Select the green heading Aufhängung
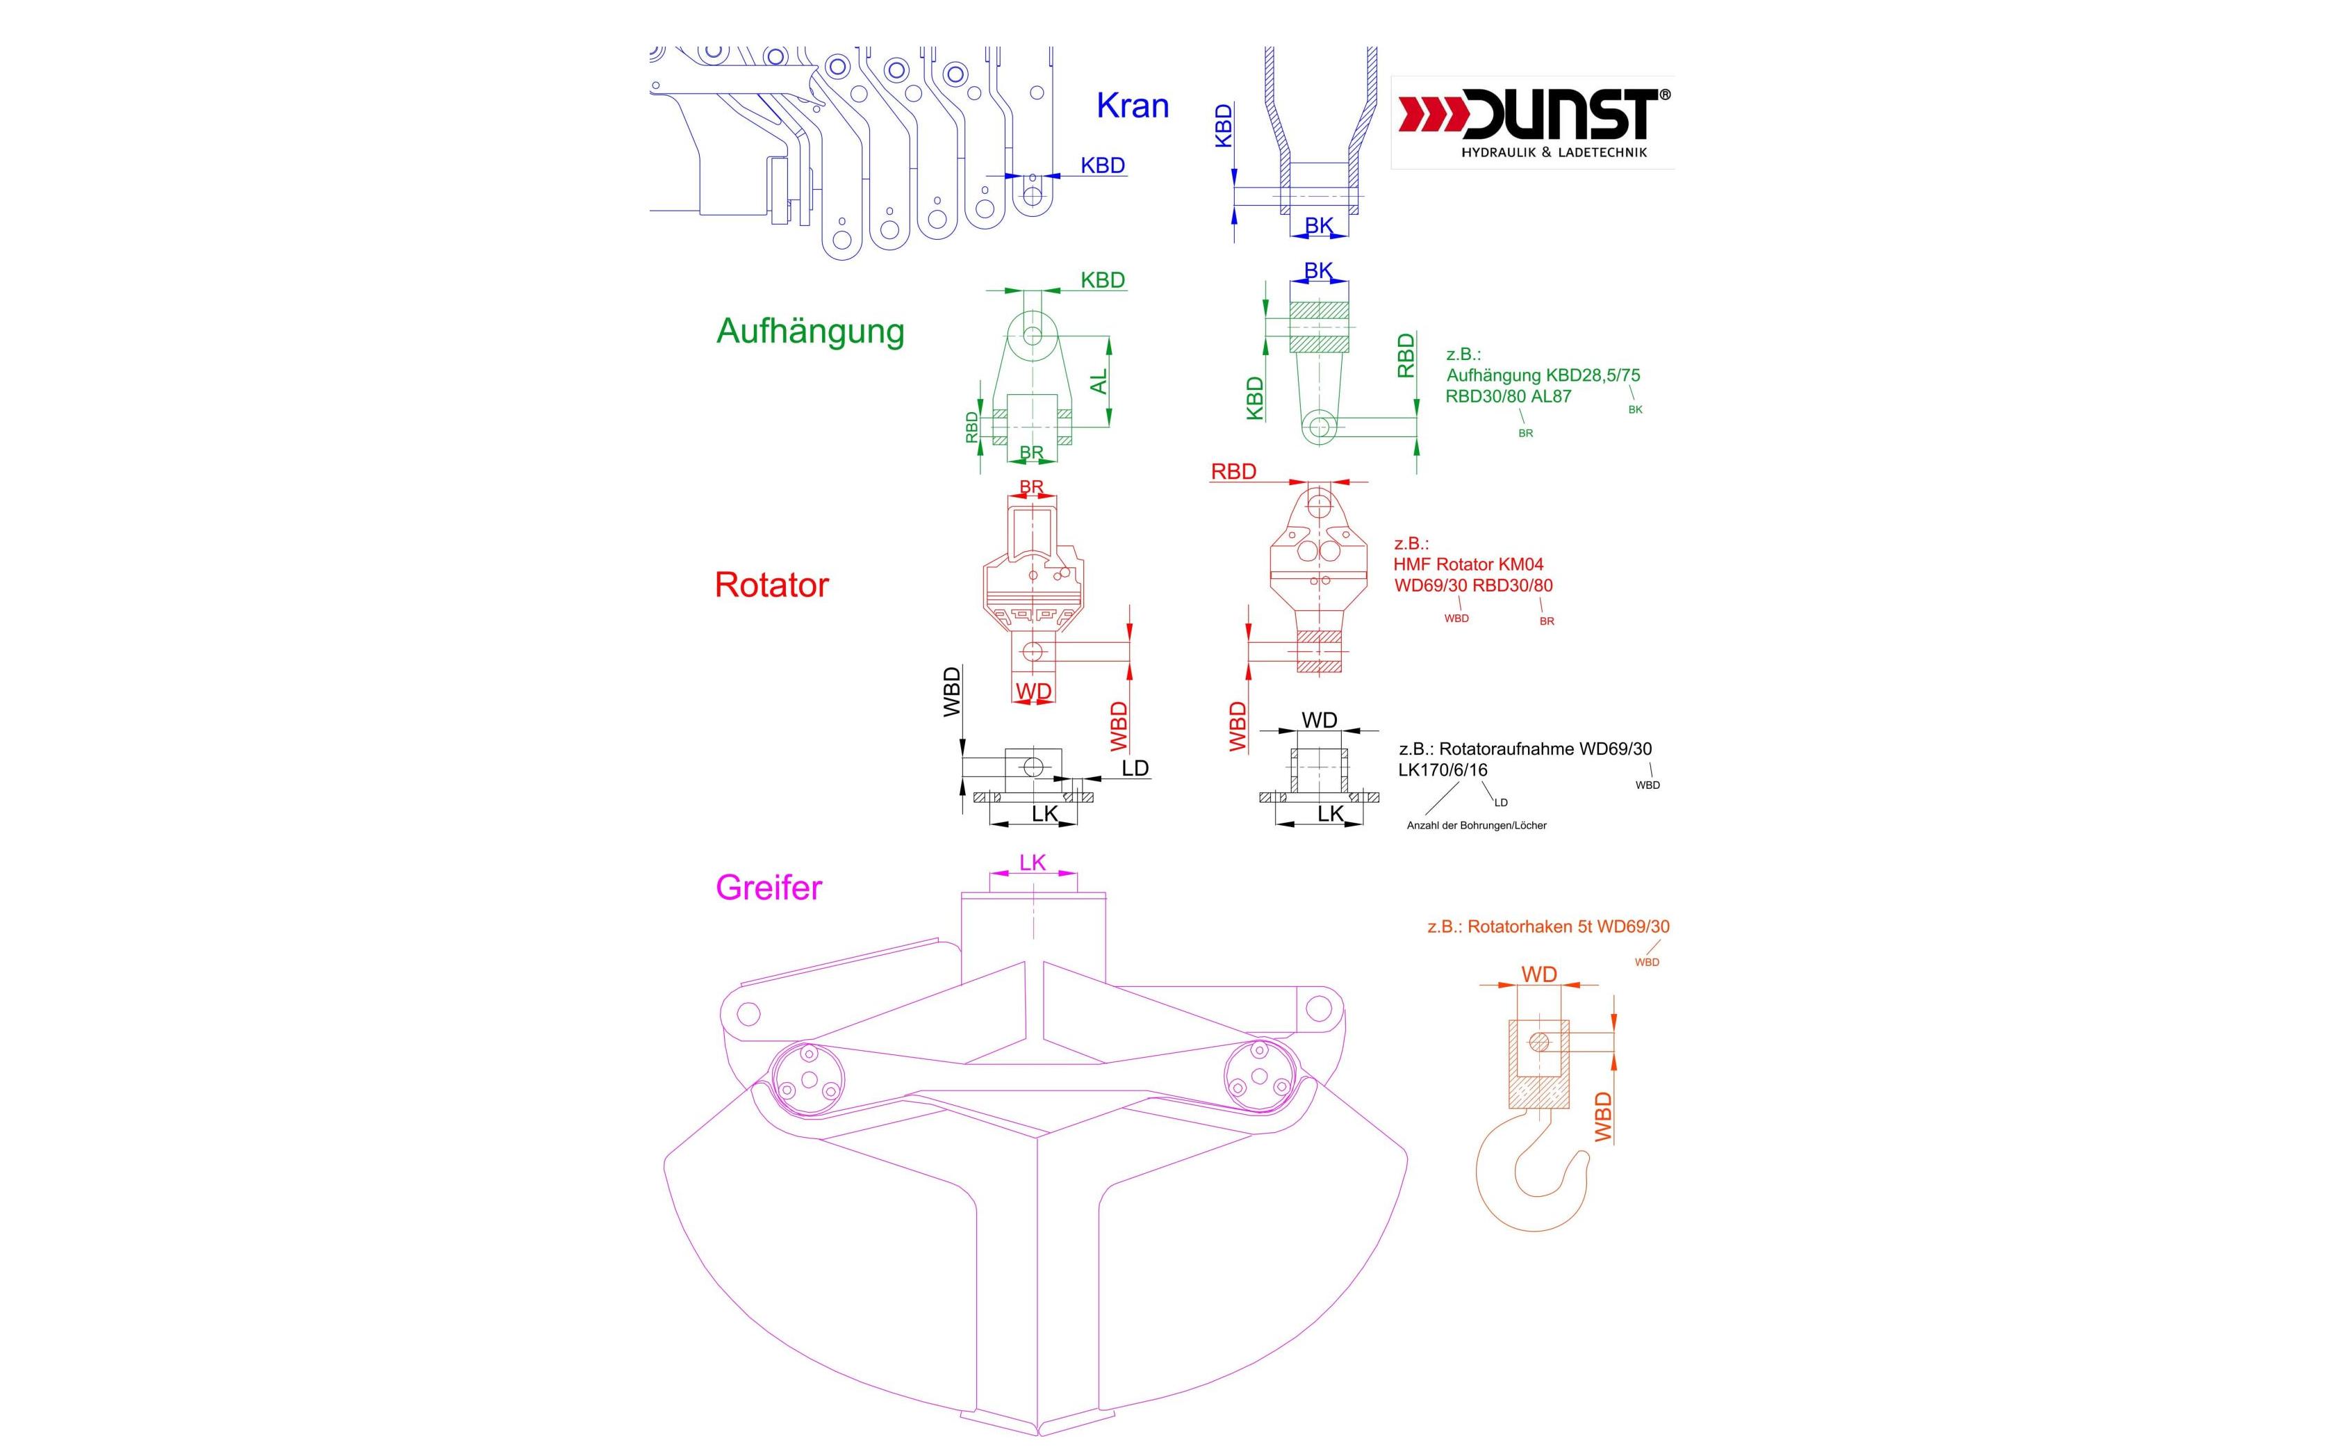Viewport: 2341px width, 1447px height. [x=810, y=331]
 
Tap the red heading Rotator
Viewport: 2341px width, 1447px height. [x=771, y=584]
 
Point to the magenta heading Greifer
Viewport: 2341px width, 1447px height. [x=769, y=887]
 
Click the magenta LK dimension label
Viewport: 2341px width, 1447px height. [x=1033, y=863]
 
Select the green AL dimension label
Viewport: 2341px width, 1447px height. [x=1099, y=381]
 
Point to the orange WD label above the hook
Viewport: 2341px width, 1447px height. [x=1538, y=974]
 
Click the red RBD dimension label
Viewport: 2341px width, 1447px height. [x=1233, y=472]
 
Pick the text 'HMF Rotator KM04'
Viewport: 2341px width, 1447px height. [x=1468, y=564]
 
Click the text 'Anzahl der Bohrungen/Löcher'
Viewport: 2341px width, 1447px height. [x=1476, y=825]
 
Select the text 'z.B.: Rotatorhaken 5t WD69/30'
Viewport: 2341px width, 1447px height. [x=1548, y=926]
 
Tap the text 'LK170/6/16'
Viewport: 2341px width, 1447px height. [x=1443, y=770]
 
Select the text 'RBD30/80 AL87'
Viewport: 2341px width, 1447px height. [x=1508, y=396]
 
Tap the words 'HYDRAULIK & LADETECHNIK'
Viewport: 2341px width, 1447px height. [x=1554, y=152]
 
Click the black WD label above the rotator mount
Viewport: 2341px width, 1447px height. [x=1320, y=719]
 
